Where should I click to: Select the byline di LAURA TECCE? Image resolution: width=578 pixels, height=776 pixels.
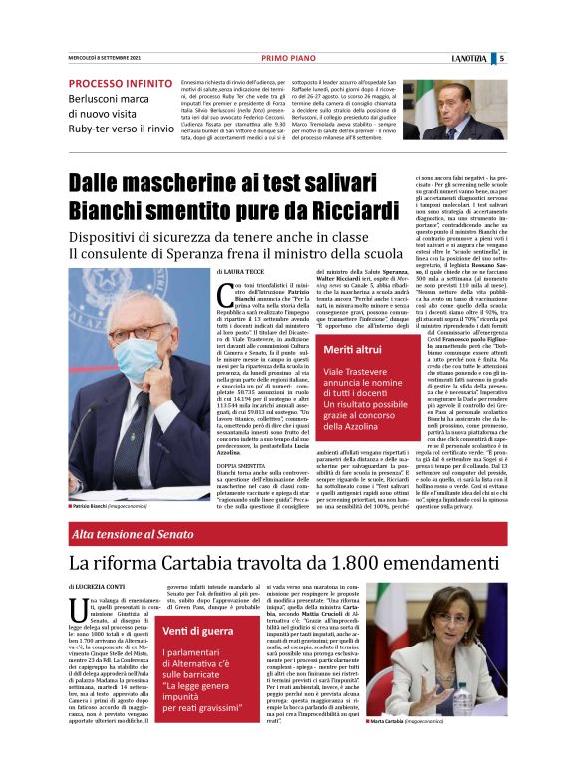(242, 271)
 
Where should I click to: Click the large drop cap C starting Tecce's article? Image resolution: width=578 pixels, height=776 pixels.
(225, 295)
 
